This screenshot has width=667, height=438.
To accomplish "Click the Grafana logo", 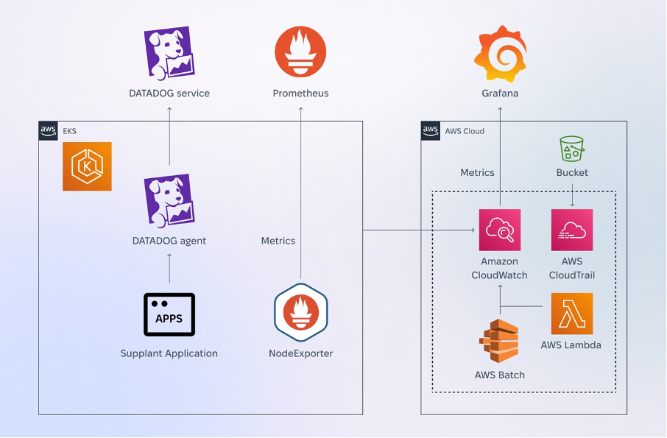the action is click(x=501, y=54).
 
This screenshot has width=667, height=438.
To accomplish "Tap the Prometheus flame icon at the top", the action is click(x=301, y=52).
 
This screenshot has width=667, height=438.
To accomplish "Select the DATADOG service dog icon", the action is click(x=169, y=53).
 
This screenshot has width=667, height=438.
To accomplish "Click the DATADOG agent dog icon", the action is click(x=169, y=201).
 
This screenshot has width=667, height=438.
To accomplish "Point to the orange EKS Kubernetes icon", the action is click(x=87, y=166).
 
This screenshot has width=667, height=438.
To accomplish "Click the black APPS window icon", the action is click(x=169, y=314).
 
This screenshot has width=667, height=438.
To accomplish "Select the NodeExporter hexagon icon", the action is click(x=301, y=313).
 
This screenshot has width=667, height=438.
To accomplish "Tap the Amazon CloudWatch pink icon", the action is click(x=500, y=230).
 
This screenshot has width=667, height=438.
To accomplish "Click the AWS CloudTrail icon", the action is click(x=572, y=230).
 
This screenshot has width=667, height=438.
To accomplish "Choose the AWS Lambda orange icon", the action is click(x=572, y=314).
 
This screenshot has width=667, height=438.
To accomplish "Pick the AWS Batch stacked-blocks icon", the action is click(x=499, y=341).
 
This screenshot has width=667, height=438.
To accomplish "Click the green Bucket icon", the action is click(x=572, y=149).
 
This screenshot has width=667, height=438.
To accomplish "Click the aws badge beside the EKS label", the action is click(x=48, y=130).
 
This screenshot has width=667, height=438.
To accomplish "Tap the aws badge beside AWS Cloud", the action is click(x=431, y=130).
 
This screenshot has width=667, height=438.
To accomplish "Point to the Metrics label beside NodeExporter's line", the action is click(x=278, y=241).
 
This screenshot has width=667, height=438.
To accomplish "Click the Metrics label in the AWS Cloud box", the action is click(x=477, y=173).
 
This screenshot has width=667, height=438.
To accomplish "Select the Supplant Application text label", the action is click(x=169, y=353).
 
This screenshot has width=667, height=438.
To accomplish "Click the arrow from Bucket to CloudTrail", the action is click(x=572, y=195).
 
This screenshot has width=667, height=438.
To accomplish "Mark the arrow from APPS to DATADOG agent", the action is click(x=169, y=269).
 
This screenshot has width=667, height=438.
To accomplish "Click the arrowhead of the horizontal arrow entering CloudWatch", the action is click(x=473, y=230).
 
